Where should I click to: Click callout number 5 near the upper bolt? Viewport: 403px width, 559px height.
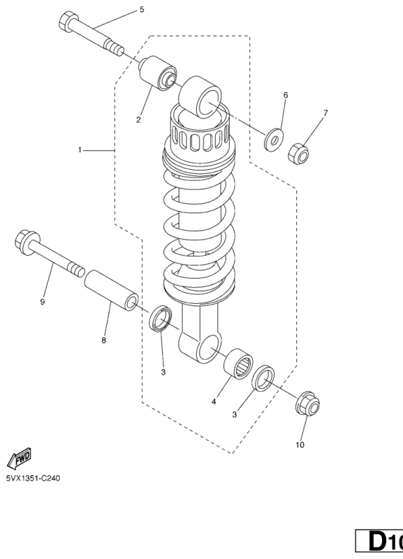tap(142, 10)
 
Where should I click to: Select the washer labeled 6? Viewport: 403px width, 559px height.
tap(274, 140)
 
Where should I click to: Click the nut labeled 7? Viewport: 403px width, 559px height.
tap(298, 154)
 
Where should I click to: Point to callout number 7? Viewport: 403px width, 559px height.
tap(325, 113)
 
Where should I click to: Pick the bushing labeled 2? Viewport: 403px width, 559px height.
tap(157, 73)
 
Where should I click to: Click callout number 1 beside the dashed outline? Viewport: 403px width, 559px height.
tap(80, 150)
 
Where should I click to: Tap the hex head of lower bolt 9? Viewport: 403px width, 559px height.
tap(27, 242)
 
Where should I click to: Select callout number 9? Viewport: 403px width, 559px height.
tap(43, 302)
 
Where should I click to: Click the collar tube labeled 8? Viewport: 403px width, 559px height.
tap(111, 290)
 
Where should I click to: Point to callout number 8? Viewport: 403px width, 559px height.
tap(103, 340)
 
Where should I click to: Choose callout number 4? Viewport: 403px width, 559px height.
tap(214, 402)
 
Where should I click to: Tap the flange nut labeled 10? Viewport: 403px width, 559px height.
tap(307, 403)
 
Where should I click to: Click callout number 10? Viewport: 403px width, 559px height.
tap(300, 445)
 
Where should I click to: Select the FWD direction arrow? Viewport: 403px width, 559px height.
tap(20, 458)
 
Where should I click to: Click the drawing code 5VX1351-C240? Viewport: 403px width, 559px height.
tap(33, 478)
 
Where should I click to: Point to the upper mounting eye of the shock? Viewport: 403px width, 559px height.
tap(200, 97)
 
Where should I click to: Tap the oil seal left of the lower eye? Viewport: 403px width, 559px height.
tap(161, 318)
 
